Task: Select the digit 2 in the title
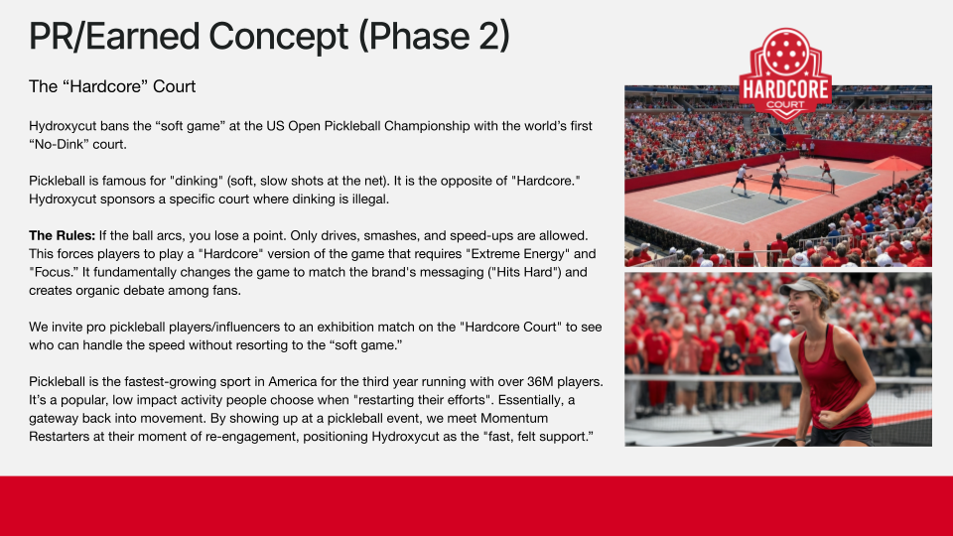489,36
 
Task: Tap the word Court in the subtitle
174,86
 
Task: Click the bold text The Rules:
62,236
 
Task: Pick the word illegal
370,200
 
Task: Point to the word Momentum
514,418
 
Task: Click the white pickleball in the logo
785,52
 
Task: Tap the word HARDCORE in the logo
785,89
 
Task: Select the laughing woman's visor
804,288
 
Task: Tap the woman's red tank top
832,377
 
